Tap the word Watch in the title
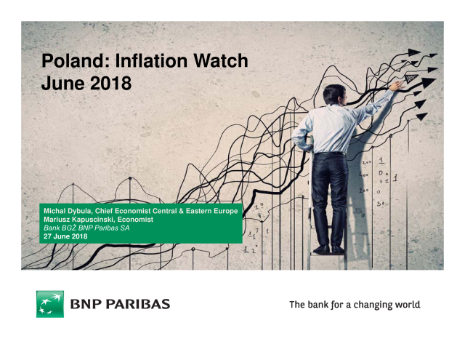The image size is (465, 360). (221, 60)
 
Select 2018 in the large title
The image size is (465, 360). (110, 83)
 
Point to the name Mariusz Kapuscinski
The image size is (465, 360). (78, 220)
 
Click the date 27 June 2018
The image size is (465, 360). (65, 236)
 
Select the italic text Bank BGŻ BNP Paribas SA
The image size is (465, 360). (86, 228)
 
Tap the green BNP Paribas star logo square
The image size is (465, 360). (50, 304)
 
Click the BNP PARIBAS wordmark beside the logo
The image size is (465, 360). (120, 304)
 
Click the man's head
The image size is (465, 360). (334, 95)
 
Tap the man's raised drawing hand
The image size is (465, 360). (397, 86)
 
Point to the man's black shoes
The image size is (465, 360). (329, 249)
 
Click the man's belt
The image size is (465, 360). (330, 153)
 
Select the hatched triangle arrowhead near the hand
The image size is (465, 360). (411, 78)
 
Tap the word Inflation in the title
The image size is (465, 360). (152, 60)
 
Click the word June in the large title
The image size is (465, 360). (64, 83)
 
